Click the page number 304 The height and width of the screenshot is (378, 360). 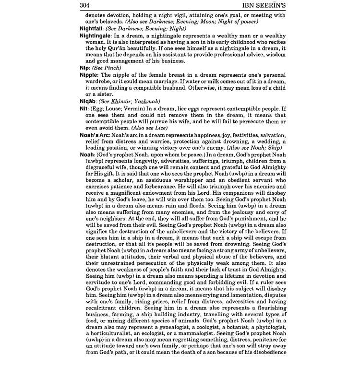point(87,6)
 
